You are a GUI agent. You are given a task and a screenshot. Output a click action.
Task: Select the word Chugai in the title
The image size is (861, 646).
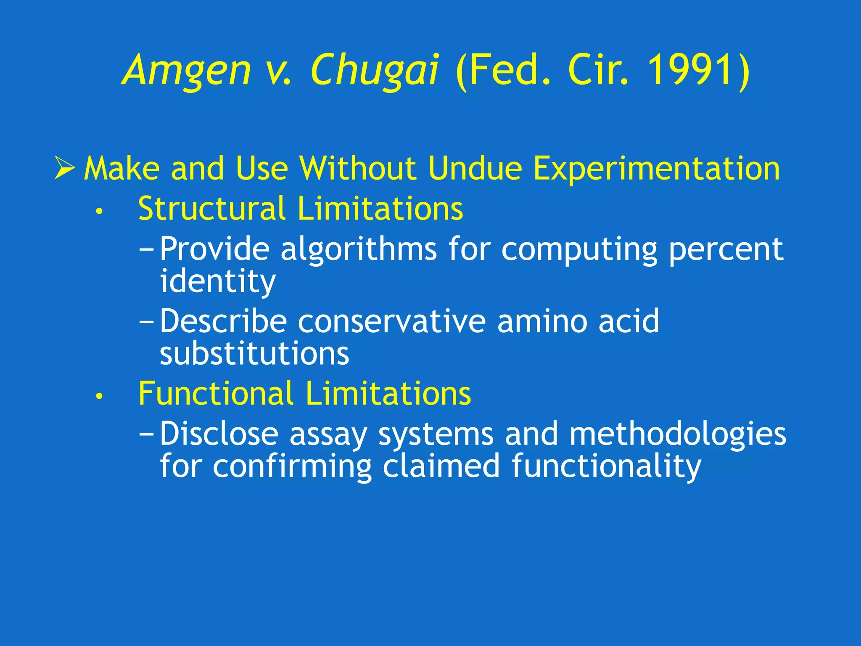tap(375, 71)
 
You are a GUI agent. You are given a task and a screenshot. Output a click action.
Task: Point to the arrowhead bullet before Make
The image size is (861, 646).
tap(65, 169)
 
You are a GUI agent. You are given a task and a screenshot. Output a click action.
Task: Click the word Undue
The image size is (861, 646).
tap(475, 169)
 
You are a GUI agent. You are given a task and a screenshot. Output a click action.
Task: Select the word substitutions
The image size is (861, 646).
tap(254, 353)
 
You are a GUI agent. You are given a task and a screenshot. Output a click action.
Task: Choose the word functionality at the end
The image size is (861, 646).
tap(606, 466)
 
